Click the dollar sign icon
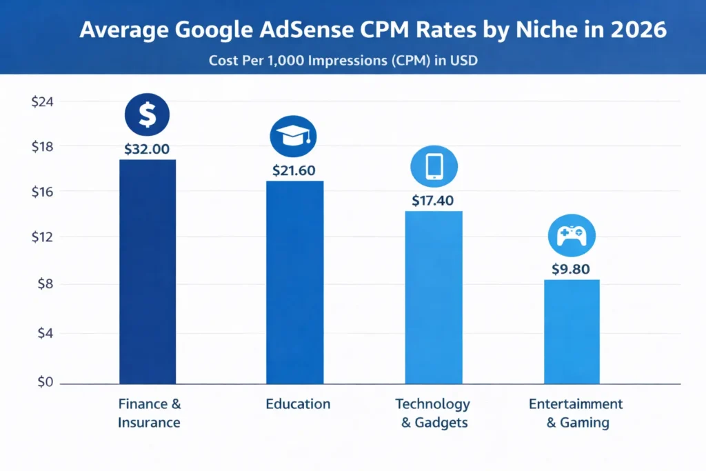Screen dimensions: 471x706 [147, 115]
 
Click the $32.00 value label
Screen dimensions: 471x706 [147, 148]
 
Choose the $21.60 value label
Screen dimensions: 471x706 [294, 170]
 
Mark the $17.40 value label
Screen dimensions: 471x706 [434, 201]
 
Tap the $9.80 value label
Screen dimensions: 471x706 [571, 269]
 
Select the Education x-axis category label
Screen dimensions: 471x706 [298, 404]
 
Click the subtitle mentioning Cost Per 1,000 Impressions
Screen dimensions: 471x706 [343, 61]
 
